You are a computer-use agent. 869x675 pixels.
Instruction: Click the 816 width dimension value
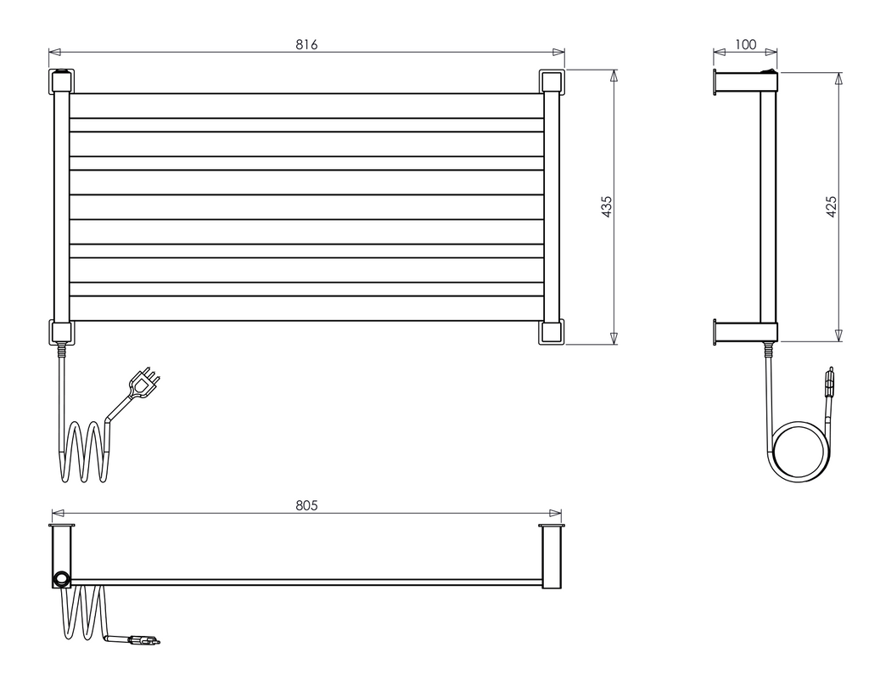306,44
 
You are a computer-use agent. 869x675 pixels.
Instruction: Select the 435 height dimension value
606,207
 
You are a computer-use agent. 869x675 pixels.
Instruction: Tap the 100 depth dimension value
745,44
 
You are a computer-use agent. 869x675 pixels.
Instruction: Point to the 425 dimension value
831,207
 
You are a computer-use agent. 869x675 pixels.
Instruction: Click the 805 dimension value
306,505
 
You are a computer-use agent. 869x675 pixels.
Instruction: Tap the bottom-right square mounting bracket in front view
550,331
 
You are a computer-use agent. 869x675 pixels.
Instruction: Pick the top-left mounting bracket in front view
62,82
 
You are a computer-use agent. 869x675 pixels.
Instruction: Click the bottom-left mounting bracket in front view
62,332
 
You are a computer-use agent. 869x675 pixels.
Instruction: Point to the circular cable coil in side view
797,453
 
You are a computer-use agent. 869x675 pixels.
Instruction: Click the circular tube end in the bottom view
61,579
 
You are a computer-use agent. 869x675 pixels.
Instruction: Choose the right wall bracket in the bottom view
552,556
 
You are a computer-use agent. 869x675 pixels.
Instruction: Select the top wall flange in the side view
717,82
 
